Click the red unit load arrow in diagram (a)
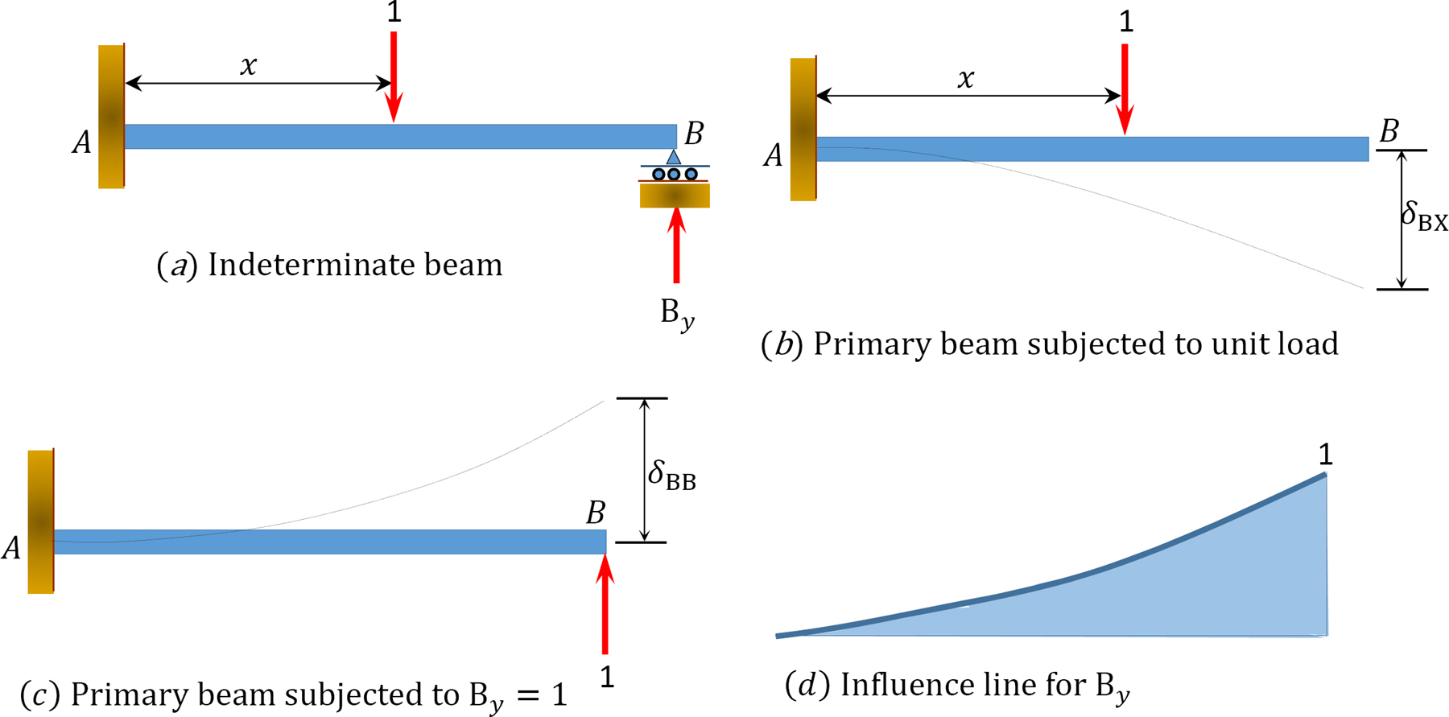coord(394,77)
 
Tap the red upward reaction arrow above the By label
coord(676,246)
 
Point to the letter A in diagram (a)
coord(81,143)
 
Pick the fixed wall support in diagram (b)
coord(803,129)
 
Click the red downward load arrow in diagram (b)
coord(1125,89)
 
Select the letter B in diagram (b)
coord(1389,131)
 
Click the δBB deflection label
coord(671,475)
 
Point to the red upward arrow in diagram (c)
coord(605,604)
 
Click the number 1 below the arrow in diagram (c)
coord(607,678)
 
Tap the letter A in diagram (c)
coord(12,549)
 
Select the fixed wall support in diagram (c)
coord(41,521)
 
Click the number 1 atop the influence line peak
coord(1325,455)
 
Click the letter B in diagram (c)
coord(596,513)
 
